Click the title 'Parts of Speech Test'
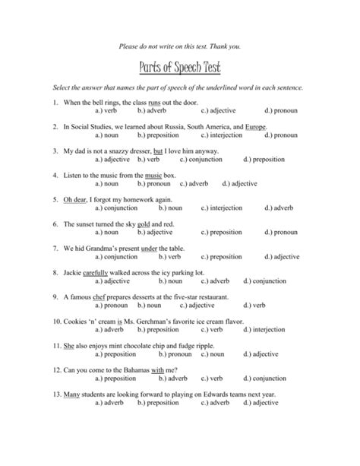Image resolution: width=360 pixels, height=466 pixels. [179, 68]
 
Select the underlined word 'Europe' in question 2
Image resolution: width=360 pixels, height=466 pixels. [256, 126]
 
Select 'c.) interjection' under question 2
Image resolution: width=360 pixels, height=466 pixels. [224, 135]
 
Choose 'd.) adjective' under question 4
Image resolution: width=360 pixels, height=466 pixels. [240, 184]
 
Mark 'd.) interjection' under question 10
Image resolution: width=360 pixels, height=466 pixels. [287, 329]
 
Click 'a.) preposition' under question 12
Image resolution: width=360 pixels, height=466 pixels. [115, 378]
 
